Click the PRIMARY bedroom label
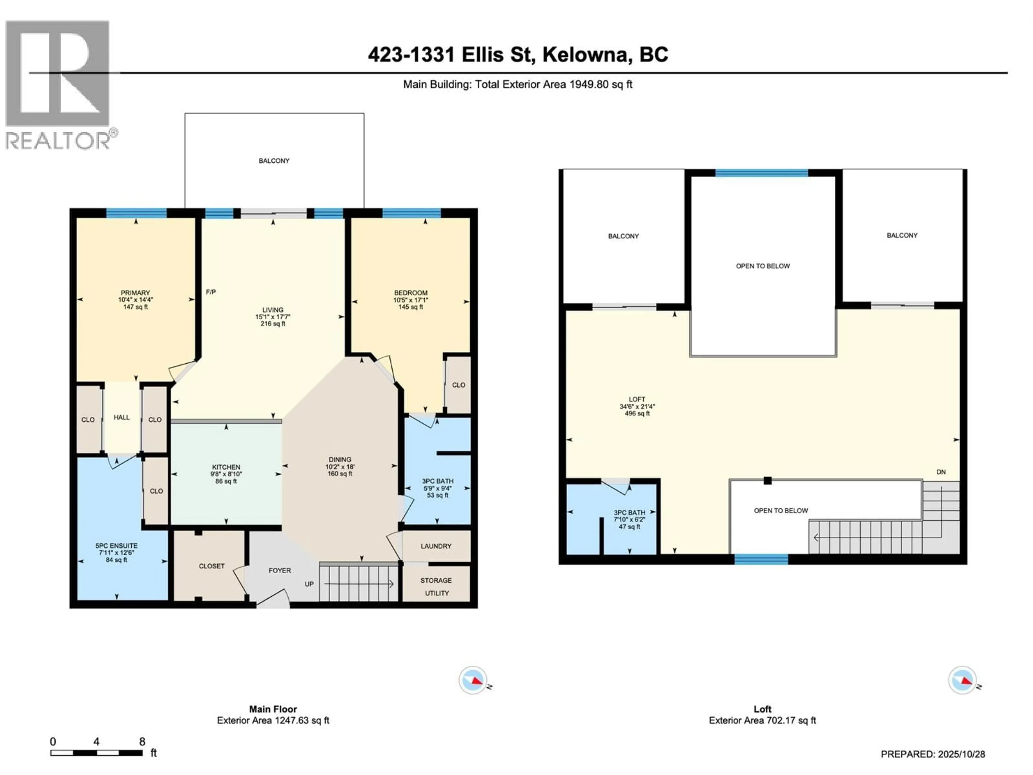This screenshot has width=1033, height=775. pos(135,293)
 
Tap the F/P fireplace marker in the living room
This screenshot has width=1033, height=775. pos(211,292)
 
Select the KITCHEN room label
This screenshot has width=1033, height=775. pos(226,467)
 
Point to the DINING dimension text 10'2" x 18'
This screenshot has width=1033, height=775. pos(339,467)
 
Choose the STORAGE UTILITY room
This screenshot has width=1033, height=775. pos(436,586)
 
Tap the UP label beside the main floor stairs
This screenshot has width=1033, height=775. pos(309,584)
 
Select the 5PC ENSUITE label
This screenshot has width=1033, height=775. pos(116,546)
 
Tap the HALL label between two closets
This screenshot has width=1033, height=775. pos(121,417)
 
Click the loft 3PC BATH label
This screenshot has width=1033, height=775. pos(629,512)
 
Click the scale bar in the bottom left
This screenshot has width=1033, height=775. pos(96,753)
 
